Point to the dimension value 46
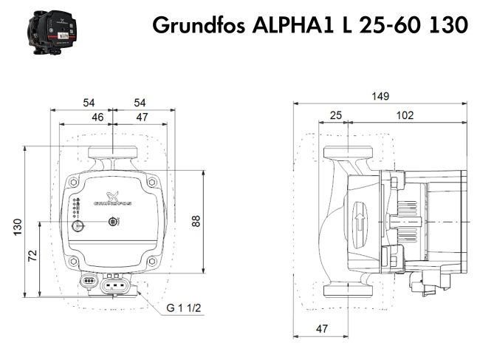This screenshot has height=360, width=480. (x=97, y=117)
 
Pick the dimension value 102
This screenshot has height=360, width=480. (x=405, y=115)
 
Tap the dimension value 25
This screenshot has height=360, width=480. (x=336, y=115)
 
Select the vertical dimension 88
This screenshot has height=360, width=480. (x=196, y=220)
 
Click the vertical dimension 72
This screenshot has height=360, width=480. (x=32, y=256)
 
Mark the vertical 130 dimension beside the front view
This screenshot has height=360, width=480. (x=16, y=228)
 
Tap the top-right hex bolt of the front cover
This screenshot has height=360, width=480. (x=151, y=182)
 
